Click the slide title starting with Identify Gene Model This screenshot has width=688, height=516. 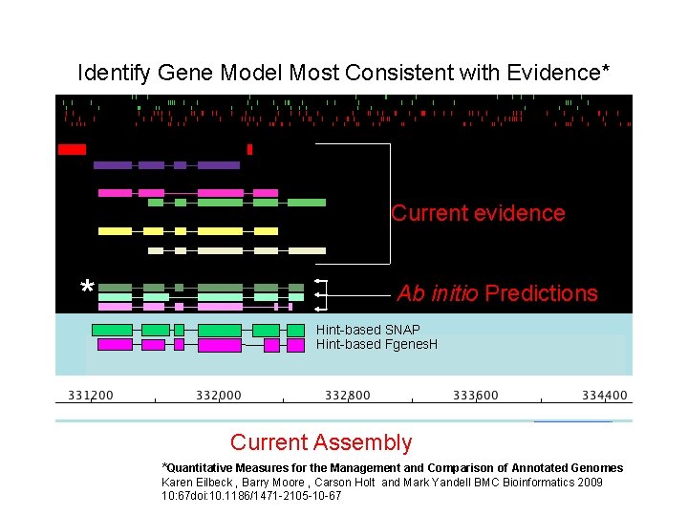344,73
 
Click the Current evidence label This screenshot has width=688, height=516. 478,213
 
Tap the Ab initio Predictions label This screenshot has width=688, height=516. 497,293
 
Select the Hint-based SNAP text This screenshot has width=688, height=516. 368,330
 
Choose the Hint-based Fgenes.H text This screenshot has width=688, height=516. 376,344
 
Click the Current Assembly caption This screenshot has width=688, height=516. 321,442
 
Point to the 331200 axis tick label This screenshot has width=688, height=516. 90,396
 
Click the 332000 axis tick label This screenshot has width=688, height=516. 219,396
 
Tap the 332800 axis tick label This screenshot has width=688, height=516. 348,396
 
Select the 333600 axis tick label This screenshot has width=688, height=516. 475,396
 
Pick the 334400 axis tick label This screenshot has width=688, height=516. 605,396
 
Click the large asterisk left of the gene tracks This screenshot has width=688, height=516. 87,288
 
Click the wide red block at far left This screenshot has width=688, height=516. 72,149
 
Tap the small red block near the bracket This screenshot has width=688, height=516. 249,149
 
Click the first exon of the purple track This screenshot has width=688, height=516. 113,165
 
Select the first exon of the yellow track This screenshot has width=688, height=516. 116,230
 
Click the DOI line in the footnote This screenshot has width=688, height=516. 251,496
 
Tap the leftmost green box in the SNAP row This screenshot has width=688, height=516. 113,330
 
